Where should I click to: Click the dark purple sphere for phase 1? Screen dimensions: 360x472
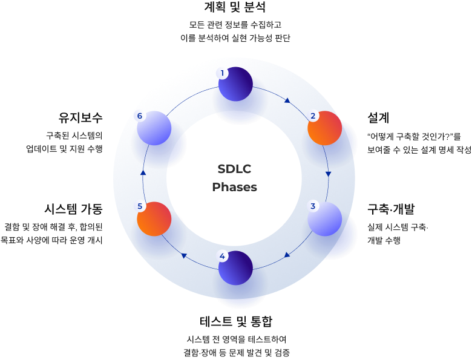pos(235,84)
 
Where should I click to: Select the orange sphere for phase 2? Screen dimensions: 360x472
pos(325,128)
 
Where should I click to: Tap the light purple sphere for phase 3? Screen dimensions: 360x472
pos(325,218)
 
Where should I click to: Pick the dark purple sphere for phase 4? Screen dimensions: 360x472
pos(235,268)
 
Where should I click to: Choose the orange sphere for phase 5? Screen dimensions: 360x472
pos(154,218)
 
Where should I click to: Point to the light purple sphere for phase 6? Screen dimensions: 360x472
pos(154,128)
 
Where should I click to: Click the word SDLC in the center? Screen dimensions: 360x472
pos(234,169)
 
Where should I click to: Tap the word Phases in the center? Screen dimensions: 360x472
pos(234,187)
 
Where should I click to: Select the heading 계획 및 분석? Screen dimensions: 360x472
pos(235,8)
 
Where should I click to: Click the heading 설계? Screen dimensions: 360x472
pos(378,117)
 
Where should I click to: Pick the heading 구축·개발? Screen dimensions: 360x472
pos(391,209)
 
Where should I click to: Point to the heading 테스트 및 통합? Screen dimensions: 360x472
pos(235,321)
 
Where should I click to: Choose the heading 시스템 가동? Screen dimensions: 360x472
pos(73,209)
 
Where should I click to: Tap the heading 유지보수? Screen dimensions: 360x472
pos(80,117)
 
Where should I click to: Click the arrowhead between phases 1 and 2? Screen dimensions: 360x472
pos(287,100)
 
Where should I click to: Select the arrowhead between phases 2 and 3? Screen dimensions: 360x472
pos(329,174)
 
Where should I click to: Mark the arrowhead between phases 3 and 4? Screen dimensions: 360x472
pos(287,255)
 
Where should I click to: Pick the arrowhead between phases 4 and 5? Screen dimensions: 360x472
pos(184,256)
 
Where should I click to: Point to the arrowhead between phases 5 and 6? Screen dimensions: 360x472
pos(143,173)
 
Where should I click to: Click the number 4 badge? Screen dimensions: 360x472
pos(222,256)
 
